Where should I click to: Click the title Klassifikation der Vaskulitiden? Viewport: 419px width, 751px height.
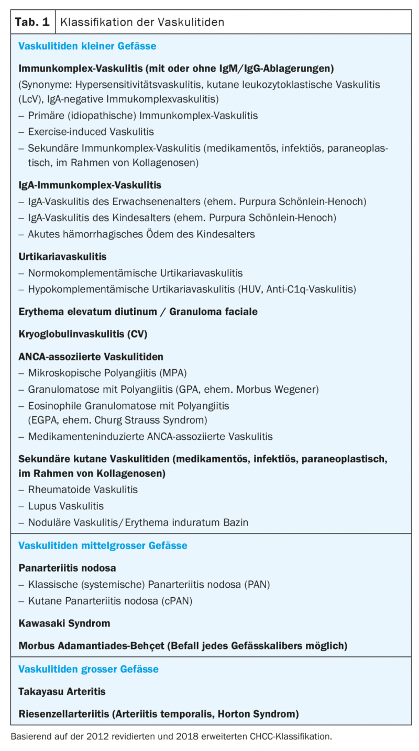click(142, 22)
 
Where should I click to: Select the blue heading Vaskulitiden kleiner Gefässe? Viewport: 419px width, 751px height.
click(87, 46)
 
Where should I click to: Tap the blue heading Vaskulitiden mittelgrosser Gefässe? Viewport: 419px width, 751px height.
click(103, 545)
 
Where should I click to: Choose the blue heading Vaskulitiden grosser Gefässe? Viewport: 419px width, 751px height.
click(88, 669)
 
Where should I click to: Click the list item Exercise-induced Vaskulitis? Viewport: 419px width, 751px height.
click(91, 132)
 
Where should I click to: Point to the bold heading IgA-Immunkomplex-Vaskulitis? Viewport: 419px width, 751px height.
click(90, 185)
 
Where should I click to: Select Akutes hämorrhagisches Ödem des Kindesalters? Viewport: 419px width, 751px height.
click(141, 234)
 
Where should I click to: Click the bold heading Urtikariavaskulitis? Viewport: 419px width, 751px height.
click(62, 257)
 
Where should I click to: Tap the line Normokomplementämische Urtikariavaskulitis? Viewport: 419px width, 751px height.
click(135, 273)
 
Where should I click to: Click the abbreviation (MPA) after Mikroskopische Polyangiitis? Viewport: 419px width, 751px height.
click(173, 373)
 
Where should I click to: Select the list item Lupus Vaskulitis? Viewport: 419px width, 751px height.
click(66, 506)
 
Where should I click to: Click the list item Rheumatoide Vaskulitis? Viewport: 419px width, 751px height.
click(83, 490)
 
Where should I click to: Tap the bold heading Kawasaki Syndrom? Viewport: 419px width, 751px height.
click(64, 623)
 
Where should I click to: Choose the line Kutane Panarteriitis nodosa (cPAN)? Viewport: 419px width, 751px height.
click(110, 601)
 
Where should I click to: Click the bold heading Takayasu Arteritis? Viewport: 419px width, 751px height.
click(62, 691)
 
